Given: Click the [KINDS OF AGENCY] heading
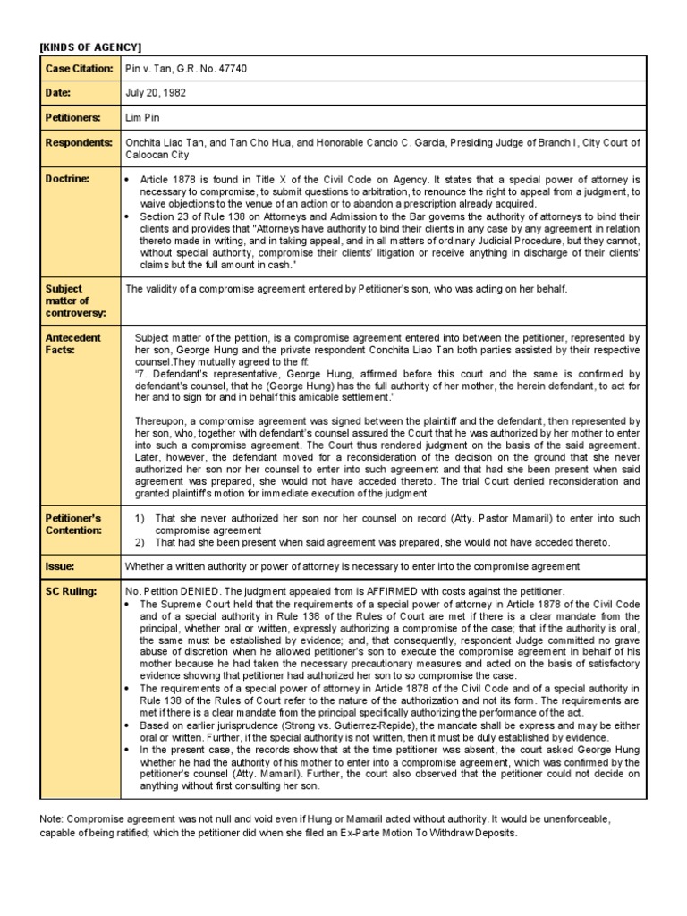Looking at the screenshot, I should pyautogui.click(x=90, y=46).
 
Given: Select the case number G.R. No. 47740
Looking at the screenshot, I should pyautogui.click(x=208, y=69).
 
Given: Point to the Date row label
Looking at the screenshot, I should pyautogui.click(x=58, y=93).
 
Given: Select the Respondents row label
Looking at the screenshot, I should pyautogui.click(x=78, y=142).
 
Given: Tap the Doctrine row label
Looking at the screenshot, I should pyautogui.click(x=67, y=179).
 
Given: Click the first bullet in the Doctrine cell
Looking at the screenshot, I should pyautogui.click(x=131, y=180).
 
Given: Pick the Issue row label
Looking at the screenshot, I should pyautogui.click(x=60, y=567).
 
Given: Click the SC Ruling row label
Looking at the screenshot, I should pyautogui.click(x=71, y=592).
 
